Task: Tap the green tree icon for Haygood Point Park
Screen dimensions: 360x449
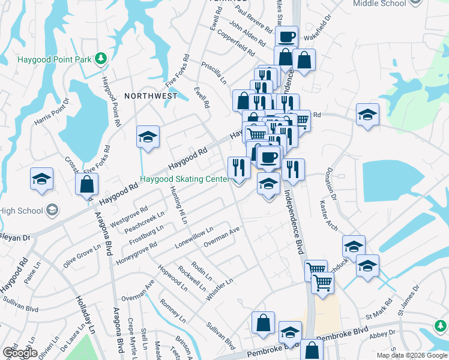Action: [101, 58]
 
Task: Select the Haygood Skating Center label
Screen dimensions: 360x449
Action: [184, 179]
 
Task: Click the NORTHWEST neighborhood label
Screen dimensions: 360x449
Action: [151, 96]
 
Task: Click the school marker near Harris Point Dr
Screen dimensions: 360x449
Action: [42, 178]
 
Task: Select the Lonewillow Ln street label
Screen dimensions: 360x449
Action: [194, 238]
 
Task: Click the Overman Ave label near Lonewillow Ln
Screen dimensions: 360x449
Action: [221, 236]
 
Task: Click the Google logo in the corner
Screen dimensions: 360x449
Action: [19, 352]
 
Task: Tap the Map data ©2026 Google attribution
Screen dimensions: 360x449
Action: [411, 355]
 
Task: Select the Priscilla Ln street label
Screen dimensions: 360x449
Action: [214, 71]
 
